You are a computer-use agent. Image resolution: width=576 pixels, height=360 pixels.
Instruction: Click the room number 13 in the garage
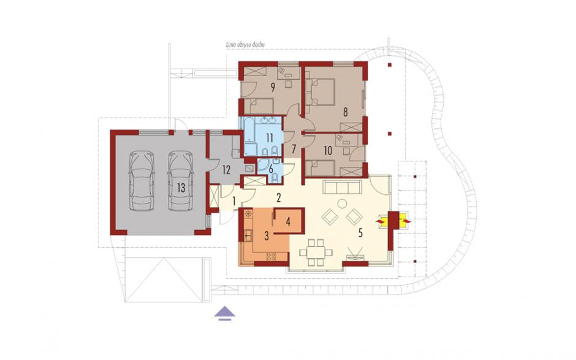(181, 188)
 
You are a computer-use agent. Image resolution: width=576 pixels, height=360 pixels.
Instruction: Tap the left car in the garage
(142, 181)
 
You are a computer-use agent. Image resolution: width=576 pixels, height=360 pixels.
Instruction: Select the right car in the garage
(181, 181)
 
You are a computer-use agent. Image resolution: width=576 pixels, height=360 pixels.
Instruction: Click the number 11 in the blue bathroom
(269, 138)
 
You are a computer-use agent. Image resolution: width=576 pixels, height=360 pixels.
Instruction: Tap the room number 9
(273, 88)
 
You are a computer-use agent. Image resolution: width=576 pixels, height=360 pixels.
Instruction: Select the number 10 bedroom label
(328, 150)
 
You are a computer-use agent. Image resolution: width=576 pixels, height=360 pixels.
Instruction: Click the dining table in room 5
(316, 252)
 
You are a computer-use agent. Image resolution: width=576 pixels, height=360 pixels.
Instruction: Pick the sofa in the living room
(342, 187)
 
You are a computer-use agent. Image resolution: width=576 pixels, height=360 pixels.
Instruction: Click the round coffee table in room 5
(343, 204)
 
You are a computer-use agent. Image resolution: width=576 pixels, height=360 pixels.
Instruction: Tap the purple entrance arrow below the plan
(225, 313)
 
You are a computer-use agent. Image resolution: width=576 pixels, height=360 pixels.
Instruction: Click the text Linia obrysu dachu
(245, 45)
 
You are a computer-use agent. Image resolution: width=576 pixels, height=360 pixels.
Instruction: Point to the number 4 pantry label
(289, 222)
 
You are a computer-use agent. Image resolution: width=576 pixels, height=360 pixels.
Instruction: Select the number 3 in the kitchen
(267, 236)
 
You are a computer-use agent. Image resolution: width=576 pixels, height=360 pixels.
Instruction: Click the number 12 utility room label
(226, 170)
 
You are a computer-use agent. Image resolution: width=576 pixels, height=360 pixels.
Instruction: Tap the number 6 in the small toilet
(271, 169)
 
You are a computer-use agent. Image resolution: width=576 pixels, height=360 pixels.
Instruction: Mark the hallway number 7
(294, 149)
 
